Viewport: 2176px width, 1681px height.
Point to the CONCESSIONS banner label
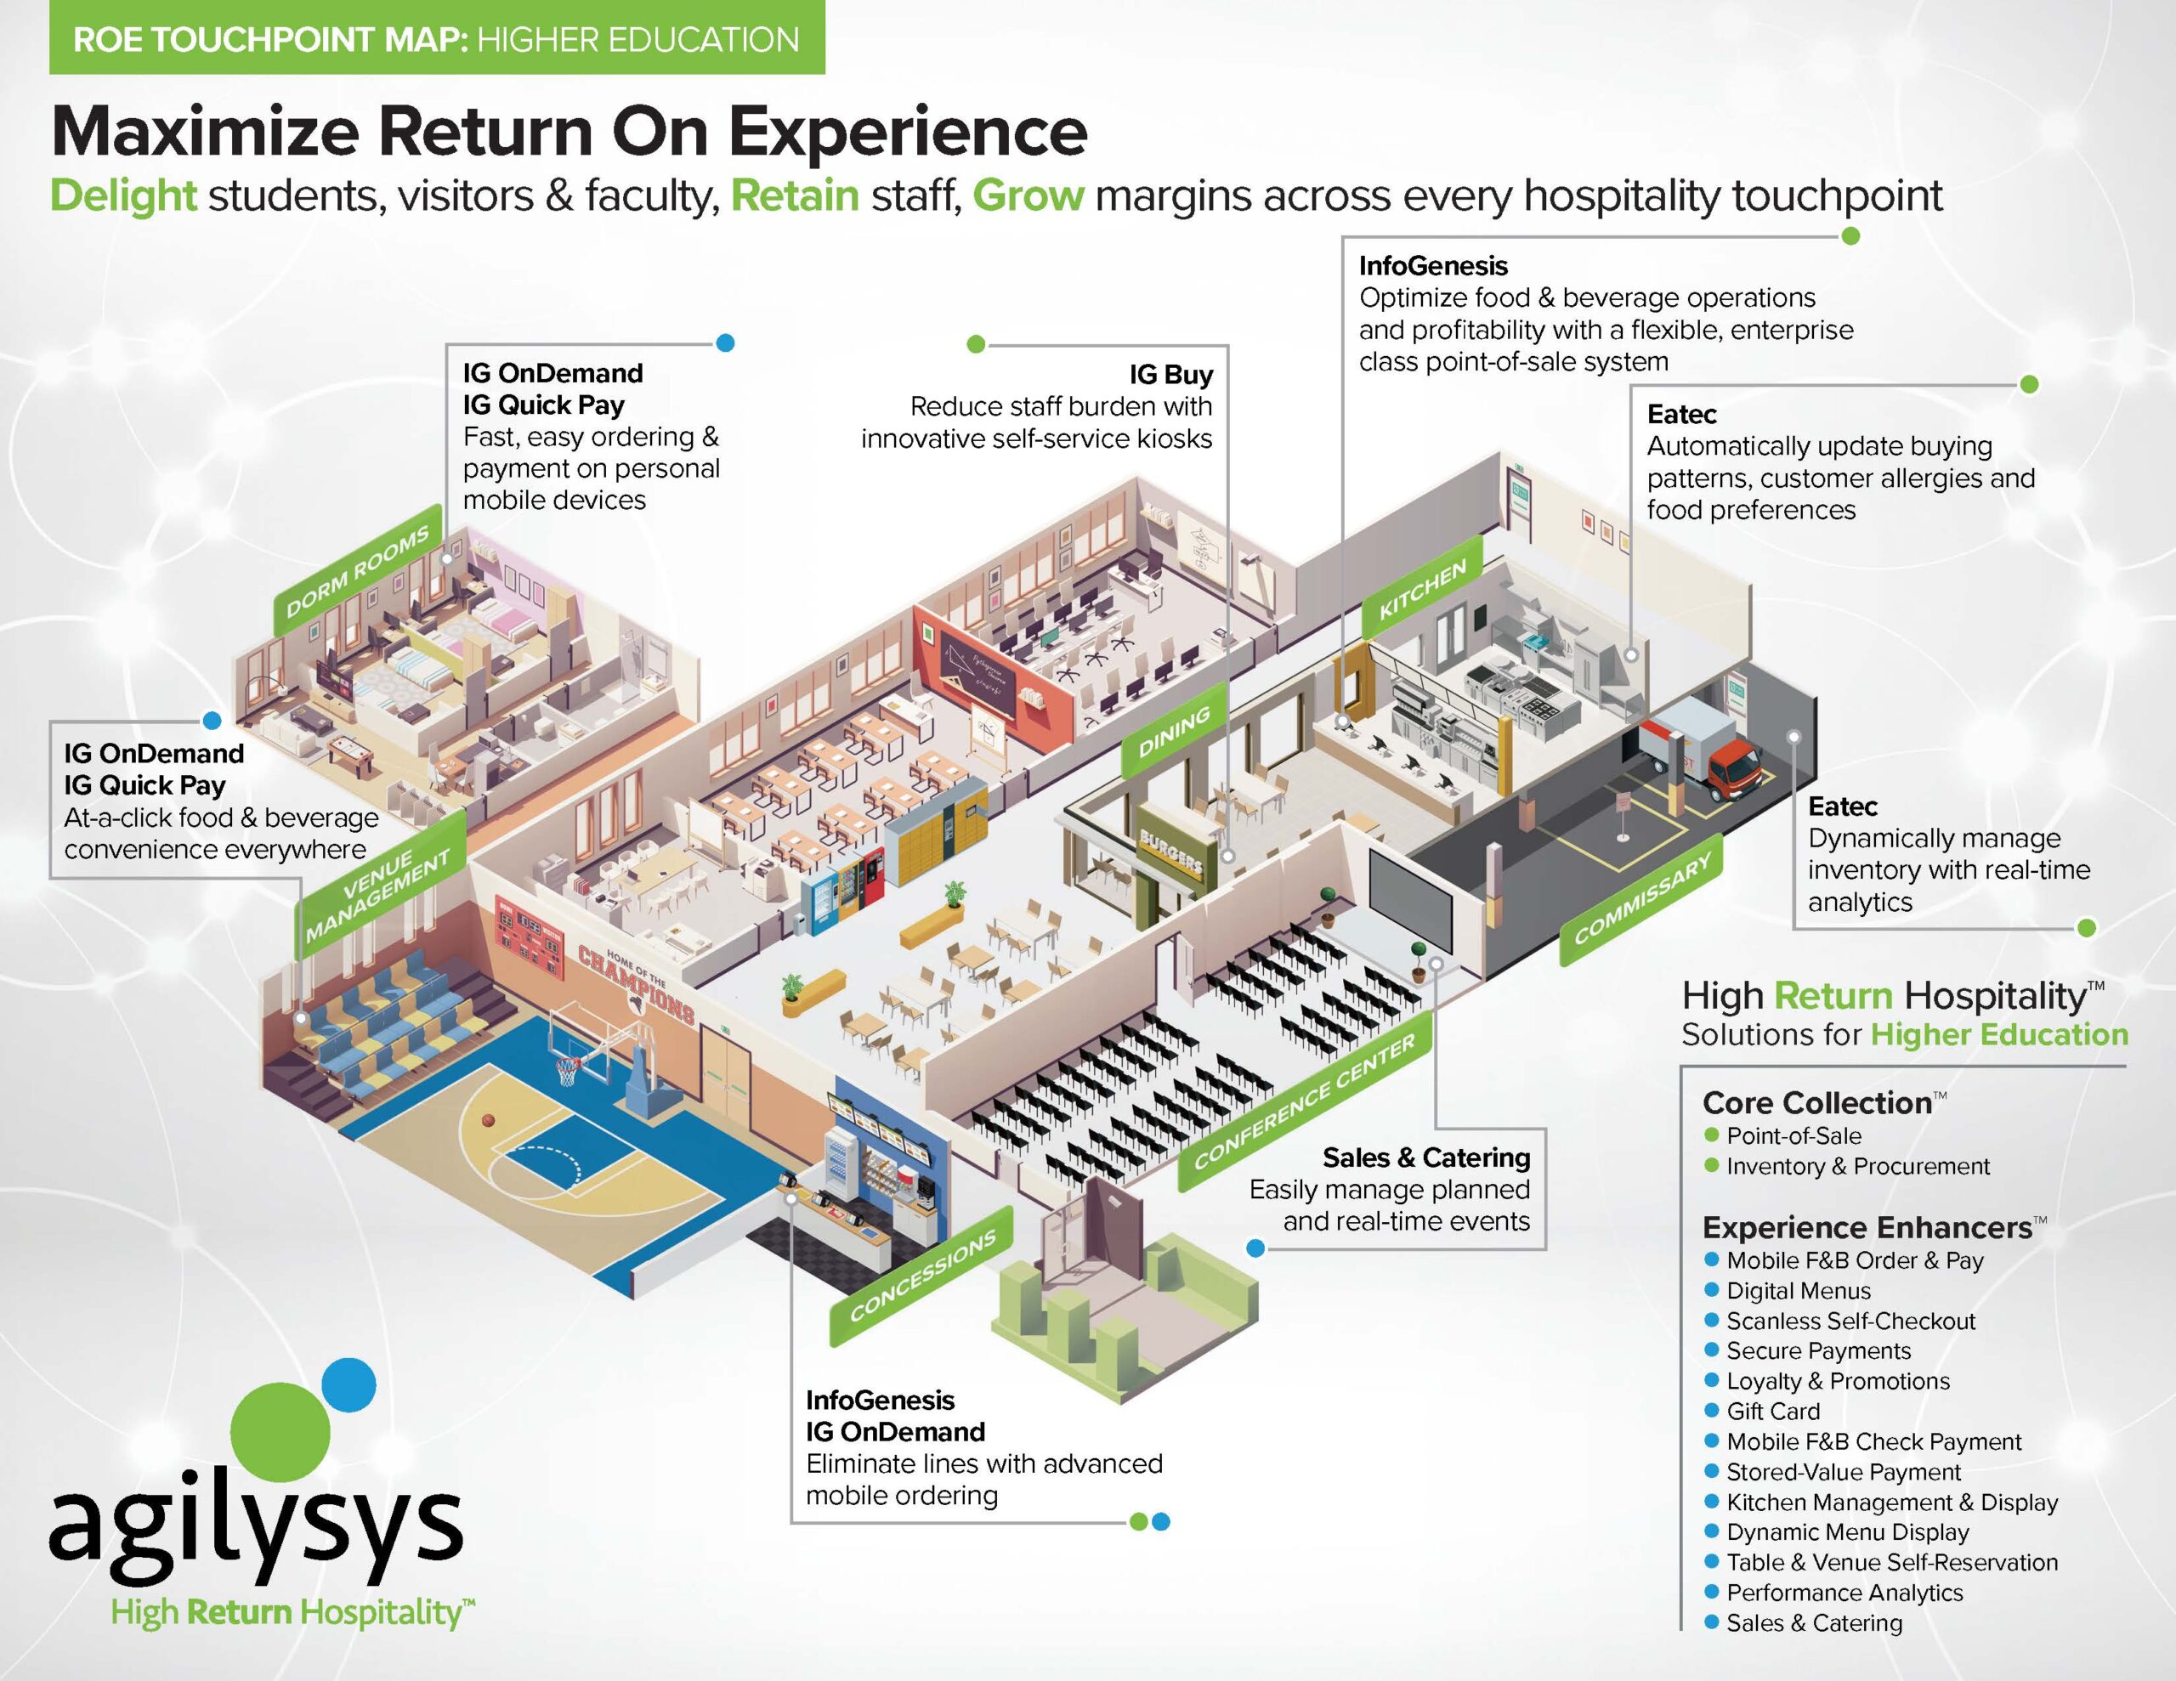click(921, 1276)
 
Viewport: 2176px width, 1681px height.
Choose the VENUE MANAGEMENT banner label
click(380, 885)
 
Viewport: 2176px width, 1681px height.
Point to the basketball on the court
click(488, 1120)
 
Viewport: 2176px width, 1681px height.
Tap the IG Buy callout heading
click(1170, 375)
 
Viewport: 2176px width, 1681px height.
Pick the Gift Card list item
click(1772, 1411)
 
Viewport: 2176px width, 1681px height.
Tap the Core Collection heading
click(1817, 1102)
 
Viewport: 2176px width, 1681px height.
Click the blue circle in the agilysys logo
click(348, 1384)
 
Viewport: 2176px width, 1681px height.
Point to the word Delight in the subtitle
click(123, 196)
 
